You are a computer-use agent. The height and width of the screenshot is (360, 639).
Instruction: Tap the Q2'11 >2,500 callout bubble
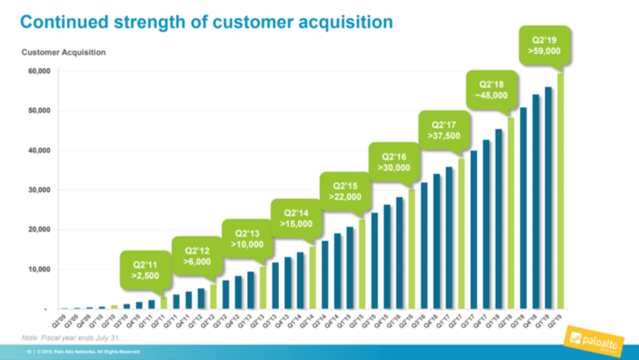[145, 269]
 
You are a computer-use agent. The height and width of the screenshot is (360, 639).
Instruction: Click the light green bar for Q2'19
[560, 192]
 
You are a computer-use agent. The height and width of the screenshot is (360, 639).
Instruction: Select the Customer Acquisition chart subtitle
[63, 52]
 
